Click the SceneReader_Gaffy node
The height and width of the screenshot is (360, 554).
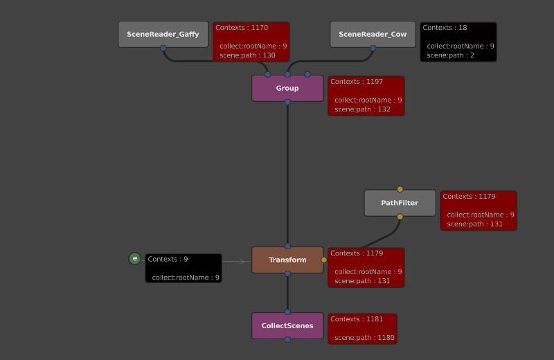pyautogui.click(x=163, y=34)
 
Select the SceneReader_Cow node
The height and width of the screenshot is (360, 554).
pyautogui.click(x=373, y=34)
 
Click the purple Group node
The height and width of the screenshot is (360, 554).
pyautogui.click(x=287, y=88)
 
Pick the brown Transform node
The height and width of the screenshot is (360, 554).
pyautogui.click(x=287, y=260)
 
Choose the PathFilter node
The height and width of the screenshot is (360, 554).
pyautogui.click(x=400, y=203)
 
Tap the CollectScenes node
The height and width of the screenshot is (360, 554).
pyautogui.click(x=287, y=325)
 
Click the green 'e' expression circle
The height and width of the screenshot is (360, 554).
pyautogui.click(x=135, y=259)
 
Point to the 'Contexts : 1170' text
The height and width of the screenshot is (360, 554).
pyautogui.click(x=241, y=28)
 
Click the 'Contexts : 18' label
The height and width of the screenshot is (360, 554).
pyautogui.click(x=445, y=28)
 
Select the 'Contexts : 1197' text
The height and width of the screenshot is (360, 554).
pyautogui.click(x=357, y=82)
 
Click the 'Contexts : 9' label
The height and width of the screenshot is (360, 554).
pyautogui.click(x=168, y=259)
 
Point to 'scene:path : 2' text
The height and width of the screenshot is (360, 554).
pyautogui.click(x=450, y=55)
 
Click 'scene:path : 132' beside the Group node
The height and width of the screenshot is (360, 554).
pyautogui.click(x=362, y=109)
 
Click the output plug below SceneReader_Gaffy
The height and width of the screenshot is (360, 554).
pyautogui.click(x=163, y=48)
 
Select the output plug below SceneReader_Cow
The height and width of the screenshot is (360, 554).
pyautogui.click(x=373, y=48)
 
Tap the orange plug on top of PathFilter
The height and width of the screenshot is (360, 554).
pyautogui.click(x=400, y=189)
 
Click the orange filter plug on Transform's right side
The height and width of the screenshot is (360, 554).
pyautogui.click(x=324, y=260)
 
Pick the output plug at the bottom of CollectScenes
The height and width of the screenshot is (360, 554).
pyautogui.click(x=287, y=339)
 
